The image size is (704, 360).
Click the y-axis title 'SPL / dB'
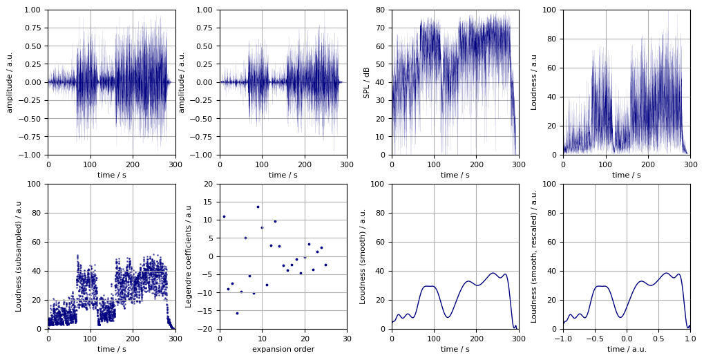[x=367, y=82]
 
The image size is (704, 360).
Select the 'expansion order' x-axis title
[x=283, y=349]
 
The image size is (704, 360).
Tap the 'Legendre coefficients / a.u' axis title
[x=189, y=256]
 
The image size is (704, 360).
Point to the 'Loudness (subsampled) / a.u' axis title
[x=19, y=256]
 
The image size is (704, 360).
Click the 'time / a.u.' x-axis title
[x=626, y=349]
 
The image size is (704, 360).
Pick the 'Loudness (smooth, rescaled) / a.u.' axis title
[x=534, y=256]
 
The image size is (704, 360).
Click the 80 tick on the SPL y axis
[x=379, y=10]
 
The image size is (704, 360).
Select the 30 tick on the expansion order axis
[x=347, y=339]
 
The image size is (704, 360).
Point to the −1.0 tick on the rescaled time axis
[x=563, y=339]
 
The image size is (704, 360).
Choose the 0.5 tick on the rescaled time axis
[x=658, y=339]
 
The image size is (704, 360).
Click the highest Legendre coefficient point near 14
[x=258, y=207]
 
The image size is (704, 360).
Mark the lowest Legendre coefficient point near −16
[x=237, y=313]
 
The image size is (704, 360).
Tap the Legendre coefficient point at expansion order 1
[x=224, y=216]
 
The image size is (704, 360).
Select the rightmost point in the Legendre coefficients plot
[x=325, y=265]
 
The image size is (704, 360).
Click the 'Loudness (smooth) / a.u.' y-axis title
[x=363, y=256]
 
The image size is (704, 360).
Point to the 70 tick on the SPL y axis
[x=379, y=28]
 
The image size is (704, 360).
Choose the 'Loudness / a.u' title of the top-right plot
[x=534, y=82]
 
